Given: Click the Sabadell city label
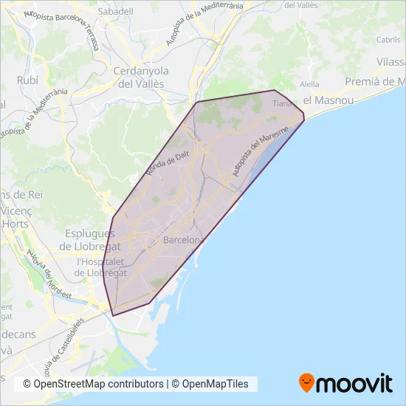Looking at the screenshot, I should tap(116, 12).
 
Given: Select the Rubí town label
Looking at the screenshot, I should tap(26, 80).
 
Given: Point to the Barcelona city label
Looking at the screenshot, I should tap(184, 241).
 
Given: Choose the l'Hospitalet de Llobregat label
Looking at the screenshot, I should tap(101, 267).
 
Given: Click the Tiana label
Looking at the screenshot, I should tap(283, 104).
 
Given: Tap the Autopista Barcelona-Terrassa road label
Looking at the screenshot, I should tap(64, 28).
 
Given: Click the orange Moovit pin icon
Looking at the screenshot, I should tap(306, 382).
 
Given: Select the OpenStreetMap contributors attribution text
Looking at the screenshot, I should tap(93, 384).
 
